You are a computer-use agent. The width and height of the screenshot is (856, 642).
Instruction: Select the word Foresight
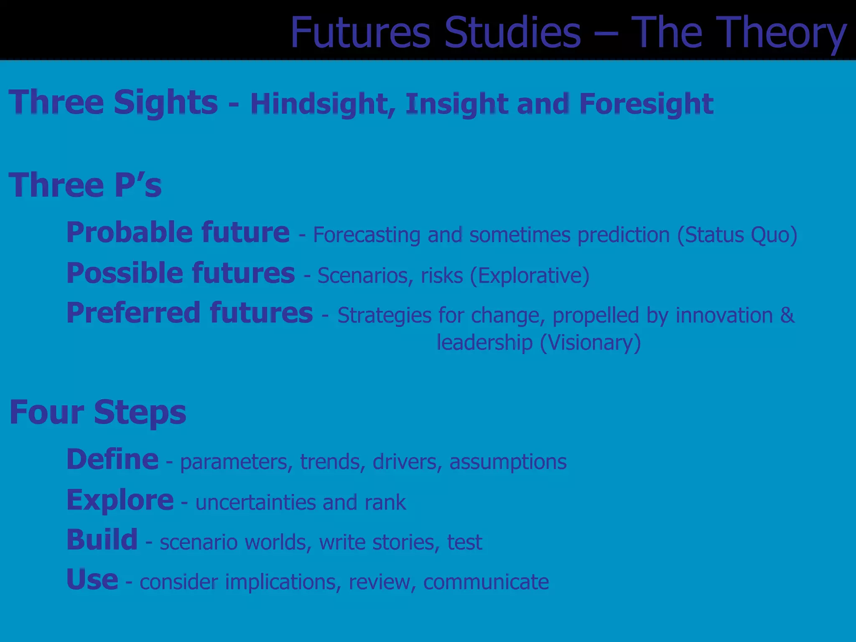(x=646, y=104)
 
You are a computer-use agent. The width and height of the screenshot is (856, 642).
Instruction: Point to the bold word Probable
(x=129, y=232)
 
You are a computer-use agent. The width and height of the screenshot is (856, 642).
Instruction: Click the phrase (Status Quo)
(x=737, y=235)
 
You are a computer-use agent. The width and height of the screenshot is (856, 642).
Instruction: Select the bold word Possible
(x=125, y=273)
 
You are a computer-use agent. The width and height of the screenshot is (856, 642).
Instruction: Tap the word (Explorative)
(x=530, y=275)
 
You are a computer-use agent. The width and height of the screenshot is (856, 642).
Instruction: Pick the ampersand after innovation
(x=787, y=315)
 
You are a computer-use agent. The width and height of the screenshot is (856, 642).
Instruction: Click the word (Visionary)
(x=590, y=343)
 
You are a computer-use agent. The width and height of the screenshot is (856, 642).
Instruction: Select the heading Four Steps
(x=98, y=412)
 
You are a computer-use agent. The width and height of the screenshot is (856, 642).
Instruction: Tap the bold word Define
(x=112, y=459)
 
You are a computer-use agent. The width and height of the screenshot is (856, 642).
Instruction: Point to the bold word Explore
(x=120, y=500)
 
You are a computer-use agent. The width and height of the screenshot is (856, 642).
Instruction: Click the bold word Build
(x=102, y=540)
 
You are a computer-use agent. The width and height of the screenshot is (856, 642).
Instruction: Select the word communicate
(x=486, y=582)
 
